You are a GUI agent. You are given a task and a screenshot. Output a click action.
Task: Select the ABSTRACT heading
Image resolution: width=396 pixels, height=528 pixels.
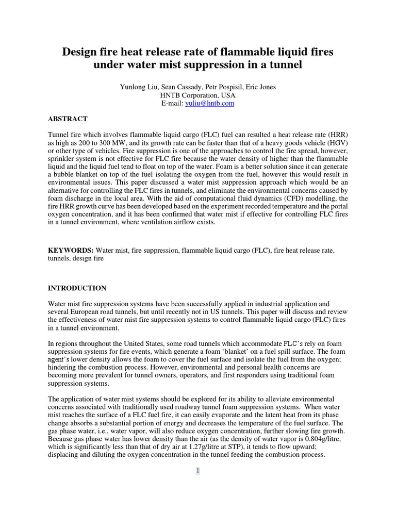coord(68,118)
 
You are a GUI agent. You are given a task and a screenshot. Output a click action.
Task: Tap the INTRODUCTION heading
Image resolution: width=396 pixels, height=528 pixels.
coord(77,288)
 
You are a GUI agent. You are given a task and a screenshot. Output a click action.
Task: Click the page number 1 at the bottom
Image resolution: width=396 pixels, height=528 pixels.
coord(197,470)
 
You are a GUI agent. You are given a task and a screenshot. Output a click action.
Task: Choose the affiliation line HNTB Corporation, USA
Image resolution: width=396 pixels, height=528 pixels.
coord(197,95)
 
